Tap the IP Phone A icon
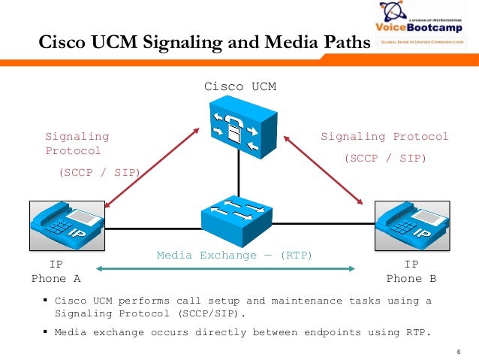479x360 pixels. [67, 225]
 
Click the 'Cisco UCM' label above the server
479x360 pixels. [240, 86]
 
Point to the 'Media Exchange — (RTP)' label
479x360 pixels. [234, 256]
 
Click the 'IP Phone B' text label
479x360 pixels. [411, 271]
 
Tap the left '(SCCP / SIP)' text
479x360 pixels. [99, 172]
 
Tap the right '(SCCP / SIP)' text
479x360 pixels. [384, 158]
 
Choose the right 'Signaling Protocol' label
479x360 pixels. [384, 137]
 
